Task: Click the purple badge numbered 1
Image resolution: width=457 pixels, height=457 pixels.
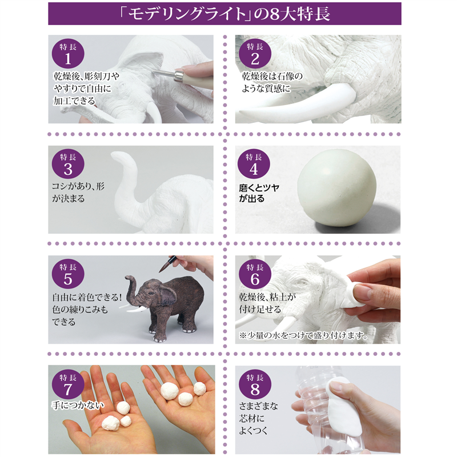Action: pos(68,54)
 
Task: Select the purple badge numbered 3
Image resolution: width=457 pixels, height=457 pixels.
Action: pos(68,164)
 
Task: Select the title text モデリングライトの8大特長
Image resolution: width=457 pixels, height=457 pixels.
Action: pos(228,14)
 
